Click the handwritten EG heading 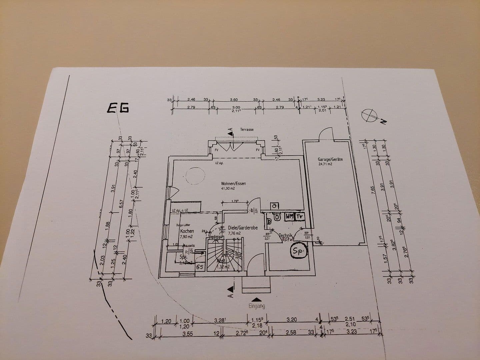click(118, 108)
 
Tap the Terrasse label click(247, 129)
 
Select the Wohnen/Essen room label click(233, 184)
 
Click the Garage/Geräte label click(330, 159)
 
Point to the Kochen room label click(187, 231)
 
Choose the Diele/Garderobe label click(243, 228)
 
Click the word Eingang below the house click(256, 306)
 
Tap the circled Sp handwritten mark click(299, 252)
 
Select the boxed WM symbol click(289, 216)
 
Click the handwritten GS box click(199, 266)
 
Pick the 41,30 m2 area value click(228, 189)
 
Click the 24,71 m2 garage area click(325, 164)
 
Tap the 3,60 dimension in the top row click(234, 99)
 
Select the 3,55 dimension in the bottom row click(188, 333)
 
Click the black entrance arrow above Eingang click(256, 300)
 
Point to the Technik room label click(285, 235)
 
